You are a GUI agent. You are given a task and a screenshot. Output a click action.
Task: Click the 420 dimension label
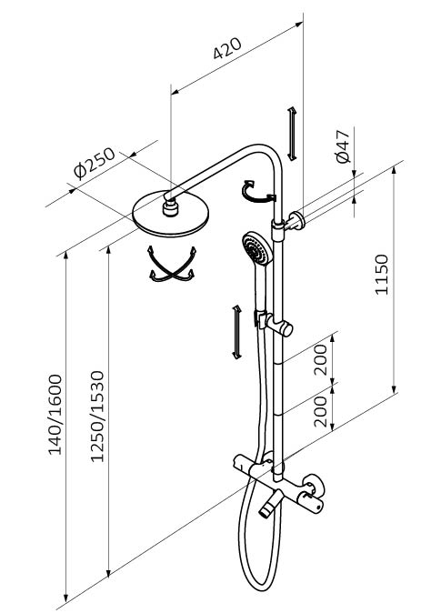227,48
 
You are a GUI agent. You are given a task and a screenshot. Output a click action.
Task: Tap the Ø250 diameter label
95,163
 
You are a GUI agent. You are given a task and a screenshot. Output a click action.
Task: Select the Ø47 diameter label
343,146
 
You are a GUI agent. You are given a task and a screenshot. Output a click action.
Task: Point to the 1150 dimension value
382,274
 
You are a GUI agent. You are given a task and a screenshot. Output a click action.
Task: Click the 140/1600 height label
55,415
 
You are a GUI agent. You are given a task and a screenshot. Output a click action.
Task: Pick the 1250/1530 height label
97,417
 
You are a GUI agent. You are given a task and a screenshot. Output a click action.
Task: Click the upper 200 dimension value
320,359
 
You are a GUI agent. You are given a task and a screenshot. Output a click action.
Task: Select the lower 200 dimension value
320,412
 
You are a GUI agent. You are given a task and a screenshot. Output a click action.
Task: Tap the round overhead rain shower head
171,215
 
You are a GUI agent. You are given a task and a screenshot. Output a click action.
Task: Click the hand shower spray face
256,249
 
